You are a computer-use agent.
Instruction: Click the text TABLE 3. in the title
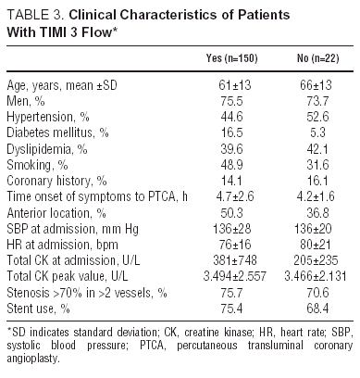tap(32, 13)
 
